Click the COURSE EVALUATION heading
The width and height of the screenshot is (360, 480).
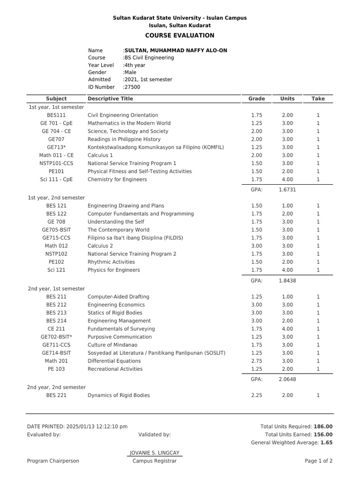point(180,36)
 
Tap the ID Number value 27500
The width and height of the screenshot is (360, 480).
point(132,87)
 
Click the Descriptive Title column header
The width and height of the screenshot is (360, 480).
point(110,99)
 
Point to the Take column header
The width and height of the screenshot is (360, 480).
point(318,99)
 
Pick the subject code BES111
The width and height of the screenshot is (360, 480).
point(56,115)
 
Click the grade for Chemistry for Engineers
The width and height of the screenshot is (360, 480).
point(256,180)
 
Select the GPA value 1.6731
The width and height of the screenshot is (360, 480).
point(287,190)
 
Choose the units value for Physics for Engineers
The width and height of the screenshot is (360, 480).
point(287,270)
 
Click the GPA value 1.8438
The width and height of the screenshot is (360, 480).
point(287,281)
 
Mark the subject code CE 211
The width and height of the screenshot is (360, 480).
point(56,329)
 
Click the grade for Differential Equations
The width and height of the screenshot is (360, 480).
point(256,361)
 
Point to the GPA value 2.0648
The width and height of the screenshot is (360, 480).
point(287,379)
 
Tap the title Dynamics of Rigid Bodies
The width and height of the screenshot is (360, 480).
point(119,396)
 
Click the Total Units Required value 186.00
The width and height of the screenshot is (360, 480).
point(323,427)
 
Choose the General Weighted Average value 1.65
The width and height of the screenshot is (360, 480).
point(326,442)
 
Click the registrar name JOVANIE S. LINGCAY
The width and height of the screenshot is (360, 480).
point(155,453)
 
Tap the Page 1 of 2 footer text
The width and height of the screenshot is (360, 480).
point(318,461)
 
